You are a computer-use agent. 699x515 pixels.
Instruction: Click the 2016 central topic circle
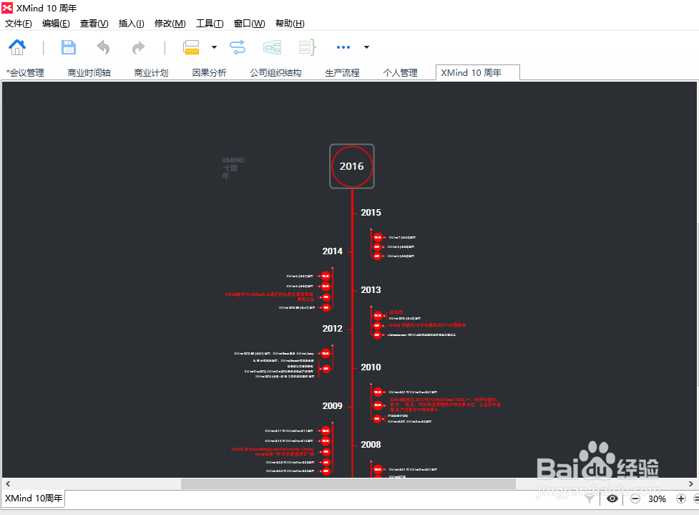point(352,166)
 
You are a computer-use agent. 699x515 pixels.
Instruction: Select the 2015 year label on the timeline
point(371,213)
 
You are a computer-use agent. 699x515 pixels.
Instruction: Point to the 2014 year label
point(332,251)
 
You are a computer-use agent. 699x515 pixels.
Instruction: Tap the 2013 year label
point(371,290)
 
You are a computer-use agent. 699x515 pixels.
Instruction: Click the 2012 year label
point(332,329)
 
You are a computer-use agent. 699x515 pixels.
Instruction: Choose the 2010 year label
point(371,367)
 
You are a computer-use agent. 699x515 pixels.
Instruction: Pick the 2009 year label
point(332,406)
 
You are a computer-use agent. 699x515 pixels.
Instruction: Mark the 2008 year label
point(371,445)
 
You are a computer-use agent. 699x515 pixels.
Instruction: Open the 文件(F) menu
point(19,24)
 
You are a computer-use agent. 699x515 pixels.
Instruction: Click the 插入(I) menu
point(131,24)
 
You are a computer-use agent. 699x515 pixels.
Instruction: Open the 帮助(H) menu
point(290,24)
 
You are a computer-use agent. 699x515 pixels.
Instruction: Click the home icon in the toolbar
point(17,47)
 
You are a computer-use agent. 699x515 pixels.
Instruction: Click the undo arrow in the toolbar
point(104,47)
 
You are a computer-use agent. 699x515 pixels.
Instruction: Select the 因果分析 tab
point(209,72)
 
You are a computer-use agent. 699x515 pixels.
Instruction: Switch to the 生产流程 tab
point(342,72)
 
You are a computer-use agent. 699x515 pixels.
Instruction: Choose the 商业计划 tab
point(151,72)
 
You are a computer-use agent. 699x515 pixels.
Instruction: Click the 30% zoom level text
point(657,499)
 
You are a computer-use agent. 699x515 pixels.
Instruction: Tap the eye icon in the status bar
point(612,499)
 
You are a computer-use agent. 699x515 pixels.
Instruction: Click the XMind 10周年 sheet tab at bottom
point(34,499)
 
